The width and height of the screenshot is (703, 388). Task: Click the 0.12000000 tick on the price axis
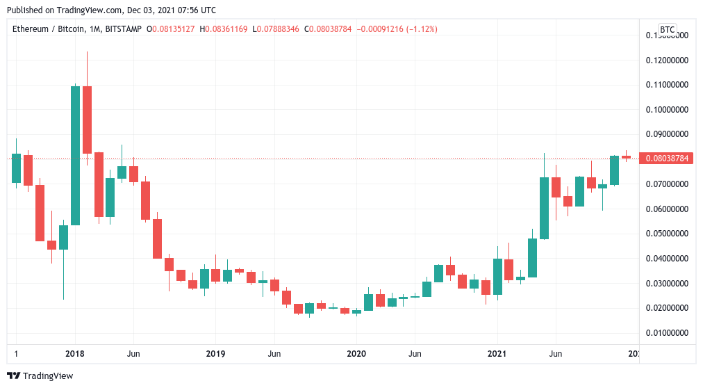tap(667, 60)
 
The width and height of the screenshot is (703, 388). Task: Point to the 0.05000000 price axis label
tap(667, 234)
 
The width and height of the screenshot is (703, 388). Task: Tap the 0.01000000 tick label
tap(667, 333)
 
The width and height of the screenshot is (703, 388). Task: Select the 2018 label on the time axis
tap(75, 354)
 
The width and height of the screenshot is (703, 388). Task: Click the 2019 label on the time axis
tap(215, 354)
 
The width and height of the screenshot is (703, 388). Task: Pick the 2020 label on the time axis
tap(356, 354)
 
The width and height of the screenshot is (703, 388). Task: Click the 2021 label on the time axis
tap(497, 354)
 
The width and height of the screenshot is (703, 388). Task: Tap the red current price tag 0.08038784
tap(667, 159)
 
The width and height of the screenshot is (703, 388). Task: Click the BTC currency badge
tap(667, 29)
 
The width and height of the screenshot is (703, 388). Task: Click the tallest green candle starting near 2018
tap(75, 155)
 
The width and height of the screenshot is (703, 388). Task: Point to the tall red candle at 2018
tap(87, 120)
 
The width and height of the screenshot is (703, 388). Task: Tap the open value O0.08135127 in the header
tap(171, 29)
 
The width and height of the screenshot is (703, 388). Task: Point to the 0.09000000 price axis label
tap(667, 134)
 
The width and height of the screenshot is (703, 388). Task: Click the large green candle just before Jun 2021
tap(545, 208)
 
